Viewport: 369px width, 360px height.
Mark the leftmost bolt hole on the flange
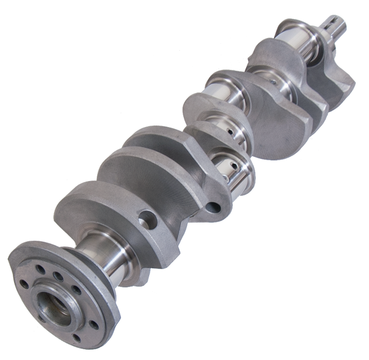pos(24,282)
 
